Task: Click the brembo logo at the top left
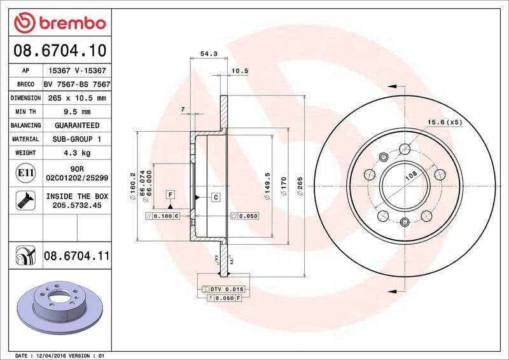coord(59,23)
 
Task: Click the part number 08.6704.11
coord(77,256)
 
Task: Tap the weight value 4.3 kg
coord(77,153)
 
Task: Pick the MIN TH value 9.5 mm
coord(77,112)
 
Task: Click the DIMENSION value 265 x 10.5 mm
coord(77,98)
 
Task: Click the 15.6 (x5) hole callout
coord(444,122)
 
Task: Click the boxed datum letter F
coord(171,193)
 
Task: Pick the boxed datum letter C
coord(216,197)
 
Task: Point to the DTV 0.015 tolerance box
coord(227,289)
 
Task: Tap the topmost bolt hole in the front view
coord(405,150)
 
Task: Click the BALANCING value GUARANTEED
coord(77,125)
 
